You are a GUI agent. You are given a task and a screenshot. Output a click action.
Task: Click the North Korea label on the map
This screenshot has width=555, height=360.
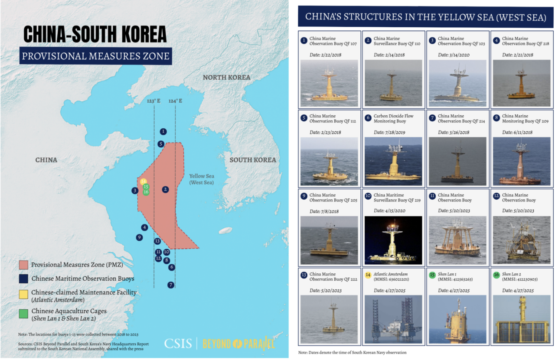tap(227, 78)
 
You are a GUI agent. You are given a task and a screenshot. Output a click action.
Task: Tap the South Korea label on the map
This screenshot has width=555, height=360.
tap(253, 160)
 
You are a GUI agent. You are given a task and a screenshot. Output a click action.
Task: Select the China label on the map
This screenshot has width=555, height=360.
tap(46, 160)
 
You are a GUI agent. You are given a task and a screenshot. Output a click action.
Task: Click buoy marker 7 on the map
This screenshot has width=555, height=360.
tap(171, 285)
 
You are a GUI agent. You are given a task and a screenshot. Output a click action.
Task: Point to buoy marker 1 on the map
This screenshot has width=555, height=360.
tap(163, 131)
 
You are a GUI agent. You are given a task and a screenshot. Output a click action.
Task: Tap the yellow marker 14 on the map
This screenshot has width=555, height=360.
tap(144, 182)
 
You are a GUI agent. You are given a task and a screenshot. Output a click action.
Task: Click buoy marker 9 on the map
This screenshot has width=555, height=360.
tap(139, 237)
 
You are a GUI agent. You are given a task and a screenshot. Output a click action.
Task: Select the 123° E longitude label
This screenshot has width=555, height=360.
tap(153, 101)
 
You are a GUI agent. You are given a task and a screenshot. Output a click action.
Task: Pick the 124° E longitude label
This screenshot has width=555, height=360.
tap(175, 101)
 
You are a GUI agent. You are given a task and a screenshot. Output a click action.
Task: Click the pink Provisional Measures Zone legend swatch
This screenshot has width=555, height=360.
tap(24, 264)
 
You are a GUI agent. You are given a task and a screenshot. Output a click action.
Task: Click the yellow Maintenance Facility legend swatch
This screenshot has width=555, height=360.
tap(24, 293)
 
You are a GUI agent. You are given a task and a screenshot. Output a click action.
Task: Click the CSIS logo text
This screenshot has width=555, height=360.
tap(178, 344)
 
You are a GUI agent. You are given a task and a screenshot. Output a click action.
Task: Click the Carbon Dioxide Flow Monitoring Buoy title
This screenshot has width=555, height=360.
tap(394, 119)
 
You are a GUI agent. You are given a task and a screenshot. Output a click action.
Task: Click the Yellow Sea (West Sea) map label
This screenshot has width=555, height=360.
tap(202, 179)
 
